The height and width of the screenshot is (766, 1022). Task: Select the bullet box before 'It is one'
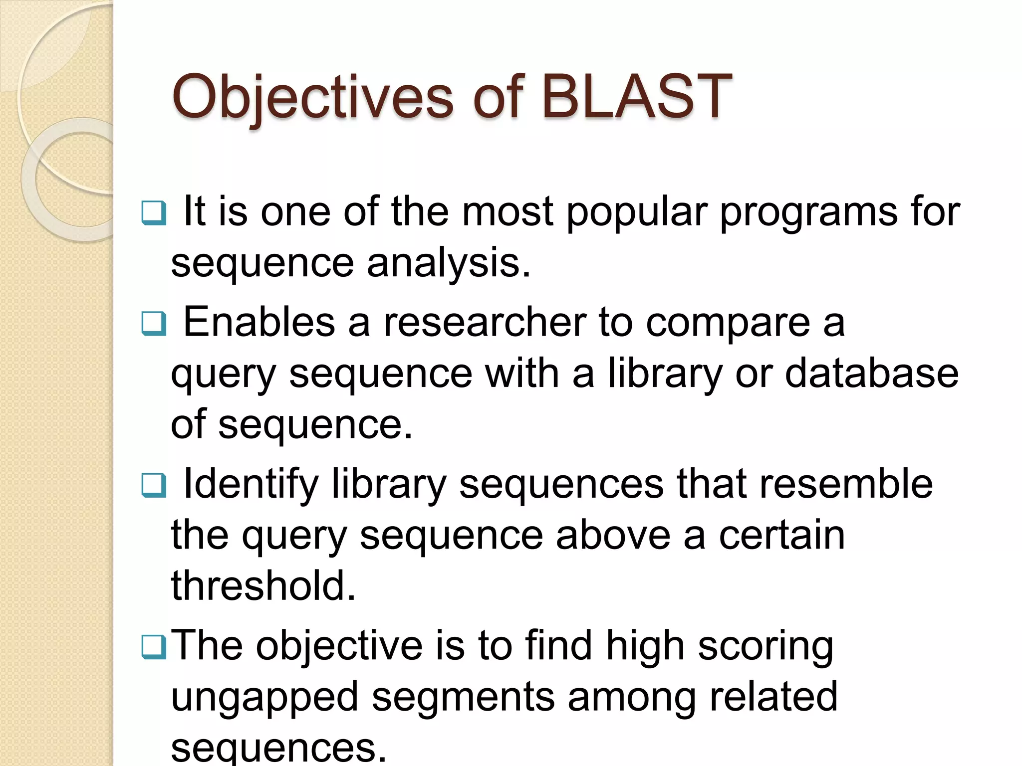153,213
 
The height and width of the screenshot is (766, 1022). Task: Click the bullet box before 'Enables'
153,324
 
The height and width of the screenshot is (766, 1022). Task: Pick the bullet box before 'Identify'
153,485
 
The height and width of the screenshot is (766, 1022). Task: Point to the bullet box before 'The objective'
153,647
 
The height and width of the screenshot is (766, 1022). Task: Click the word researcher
485,323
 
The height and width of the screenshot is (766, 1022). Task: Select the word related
773,697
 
